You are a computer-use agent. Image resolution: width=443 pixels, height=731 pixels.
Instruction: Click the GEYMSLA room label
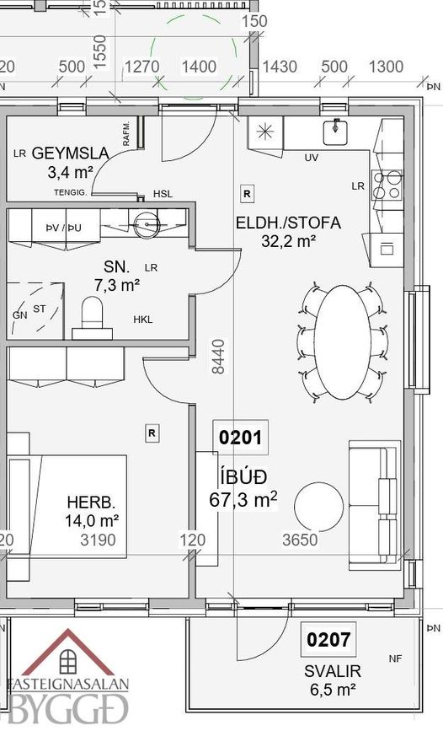coord(70,153)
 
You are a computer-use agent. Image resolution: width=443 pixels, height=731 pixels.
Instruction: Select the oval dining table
coord(343,342)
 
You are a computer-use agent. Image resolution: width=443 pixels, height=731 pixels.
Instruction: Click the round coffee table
coord(318,507)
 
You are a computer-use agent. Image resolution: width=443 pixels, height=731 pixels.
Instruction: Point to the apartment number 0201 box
coord(240,437)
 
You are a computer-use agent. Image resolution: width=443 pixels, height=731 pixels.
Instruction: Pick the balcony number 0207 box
coord(328,639)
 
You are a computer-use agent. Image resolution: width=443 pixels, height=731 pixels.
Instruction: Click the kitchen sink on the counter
coord(335,131)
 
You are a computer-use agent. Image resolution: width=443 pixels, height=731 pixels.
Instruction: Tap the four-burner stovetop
coord(387,185)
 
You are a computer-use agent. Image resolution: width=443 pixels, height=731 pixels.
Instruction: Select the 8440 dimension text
coord(218,357)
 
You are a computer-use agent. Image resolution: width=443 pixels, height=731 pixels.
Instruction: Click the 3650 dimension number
coord(300,540)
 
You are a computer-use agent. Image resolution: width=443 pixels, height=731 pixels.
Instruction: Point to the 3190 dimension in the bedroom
coord(98,540)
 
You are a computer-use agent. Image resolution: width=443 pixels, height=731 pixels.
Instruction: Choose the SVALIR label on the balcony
coord(333,671)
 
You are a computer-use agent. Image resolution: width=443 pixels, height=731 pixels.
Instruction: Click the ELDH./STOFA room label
coord(288,223)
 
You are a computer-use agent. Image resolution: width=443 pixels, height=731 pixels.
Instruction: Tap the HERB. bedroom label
coord(91,503)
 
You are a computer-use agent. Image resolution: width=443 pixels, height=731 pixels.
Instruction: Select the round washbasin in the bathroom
coord(147,225)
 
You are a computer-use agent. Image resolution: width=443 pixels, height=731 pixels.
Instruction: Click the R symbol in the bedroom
coord(152,433)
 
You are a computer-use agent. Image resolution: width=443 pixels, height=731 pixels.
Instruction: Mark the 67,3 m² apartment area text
coord(243,500)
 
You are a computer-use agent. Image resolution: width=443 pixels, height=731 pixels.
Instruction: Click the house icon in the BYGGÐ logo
coord(68,653)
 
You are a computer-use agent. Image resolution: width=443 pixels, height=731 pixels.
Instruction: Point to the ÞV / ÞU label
coord(63,228)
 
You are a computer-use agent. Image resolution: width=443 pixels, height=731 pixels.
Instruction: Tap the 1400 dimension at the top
coord(199,67)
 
